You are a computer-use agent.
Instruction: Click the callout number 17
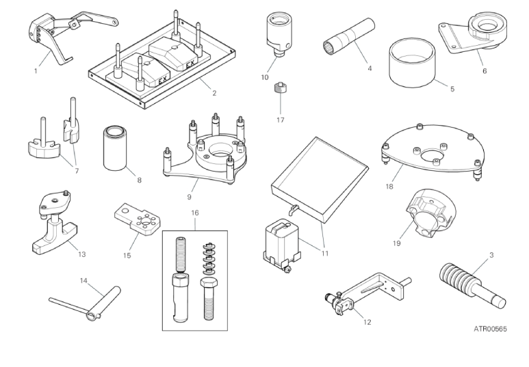pyautogui.click(x=281, y=120)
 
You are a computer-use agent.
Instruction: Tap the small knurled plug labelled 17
pyautogui.click(x=281, y=88)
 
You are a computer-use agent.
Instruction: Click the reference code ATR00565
pyautogui.click(x=490, y=329)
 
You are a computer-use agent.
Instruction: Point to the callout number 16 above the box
pyautogui.click(x=195, y=213)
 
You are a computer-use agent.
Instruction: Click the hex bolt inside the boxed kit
pyautogui.click(x=209, y=298)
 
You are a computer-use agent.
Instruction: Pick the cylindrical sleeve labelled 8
pyautogui.click(x=116, y=148)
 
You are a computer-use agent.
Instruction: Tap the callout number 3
pyautogui.click(x=491, y=255)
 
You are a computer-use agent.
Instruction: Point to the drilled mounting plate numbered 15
pyautogui.click(x=138, y=219)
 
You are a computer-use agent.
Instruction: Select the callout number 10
pyautogui.click(x=265, y=77)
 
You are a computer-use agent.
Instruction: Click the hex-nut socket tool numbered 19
pyautogui.click(x=430, y=213)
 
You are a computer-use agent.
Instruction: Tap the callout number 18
pyautogui.click(x=389, y=187)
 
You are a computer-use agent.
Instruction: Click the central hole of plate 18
pyautogui.click(x=432, y=156)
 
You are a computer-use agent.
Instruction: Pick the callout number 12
pyautogui.click(x=367, y=322)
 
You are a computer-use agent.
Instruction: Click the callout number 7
pyautogui.click(x=77, y=171)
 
